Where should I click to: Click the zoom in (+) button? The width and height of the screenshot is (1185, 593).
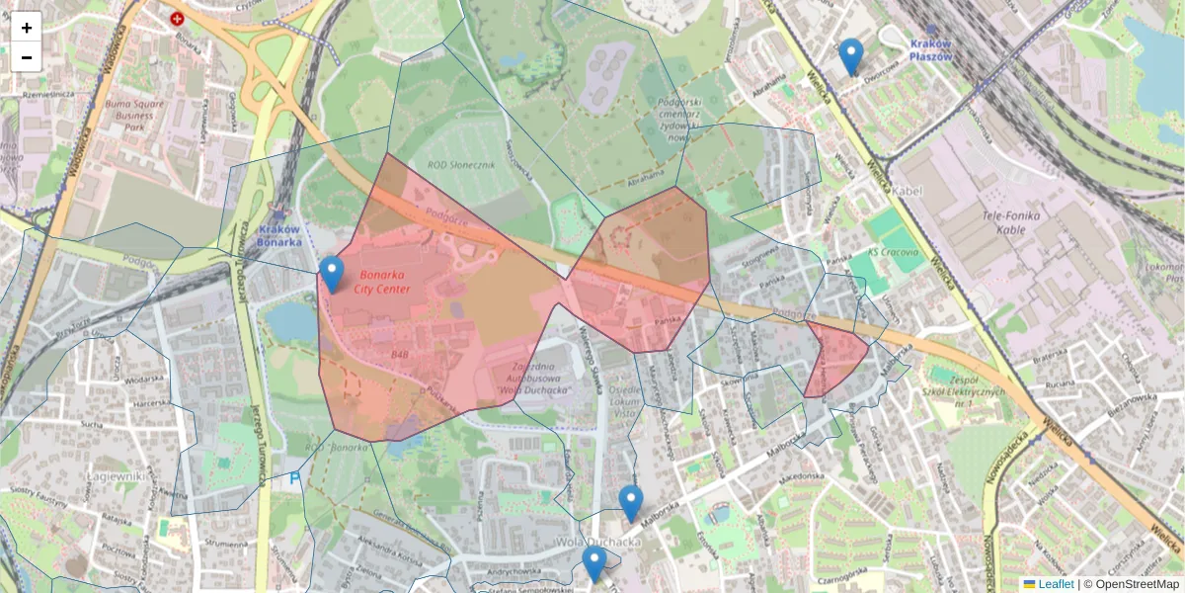[x=27, y=27]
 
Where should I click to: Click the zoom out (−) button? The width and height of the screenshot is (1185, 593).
[x=27, y=56]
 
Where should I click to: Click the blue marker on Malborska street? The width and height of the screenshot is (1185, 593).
[x=630, y=502]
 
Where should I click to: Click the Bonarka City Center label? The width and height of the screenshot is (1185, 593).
[x=384, y=281]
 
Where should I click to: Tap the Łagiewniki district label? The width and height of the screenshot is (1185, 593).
[x=118, y=477]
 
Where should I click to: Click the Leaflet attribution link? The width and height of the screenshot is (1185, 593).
[x=1055, y=584]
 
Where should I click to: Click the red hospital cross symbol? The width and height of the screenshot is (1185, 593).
[x=177, y=18]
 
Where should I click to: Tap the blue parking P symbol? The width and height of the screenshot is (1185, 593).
[x=293, y=478]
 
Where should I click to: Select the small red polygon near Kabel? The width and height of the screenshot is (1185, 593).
[x=833, y=357]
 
